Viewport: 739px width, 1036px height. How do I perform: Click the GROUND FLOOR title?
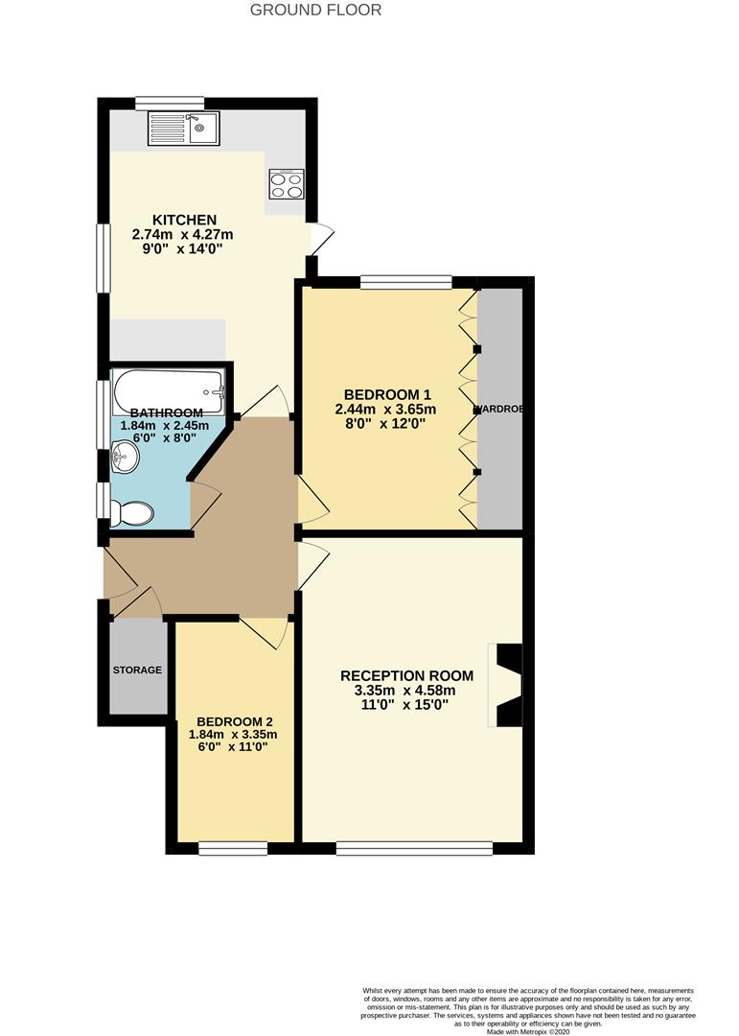315,11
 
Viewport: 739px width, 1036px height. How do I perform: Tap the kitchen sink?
184,129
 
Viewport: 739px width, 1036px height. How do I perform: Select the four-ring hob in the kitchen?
287,183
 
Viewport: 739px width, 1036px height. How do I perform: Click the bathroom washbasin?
123,458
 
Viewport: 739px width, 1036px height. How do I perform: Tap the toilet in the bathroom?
131,514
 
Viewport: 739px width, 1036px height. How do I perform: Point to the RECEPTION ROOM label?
398,675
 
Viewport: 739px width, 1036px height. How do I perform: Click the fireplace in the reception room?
507,685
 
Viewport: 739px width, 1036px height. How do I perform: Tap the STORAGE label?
137,670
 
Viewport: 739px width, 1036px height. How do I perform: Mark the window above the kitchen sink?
170,103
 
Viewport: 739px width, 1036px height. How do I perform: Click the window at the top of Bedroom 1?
406,282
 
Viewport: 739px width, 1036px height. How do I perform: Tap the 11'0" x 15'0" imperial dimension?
397,704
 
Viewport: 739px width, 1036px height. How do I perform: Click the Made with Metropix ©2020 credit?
528,1031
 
